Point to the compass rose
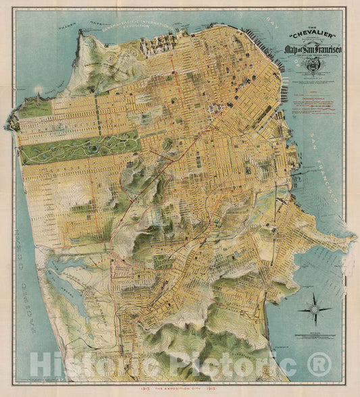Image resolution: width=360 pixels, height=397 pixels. click(315, 310)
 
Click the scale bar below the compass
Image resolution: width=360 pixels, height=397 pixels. click(315, 336)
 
